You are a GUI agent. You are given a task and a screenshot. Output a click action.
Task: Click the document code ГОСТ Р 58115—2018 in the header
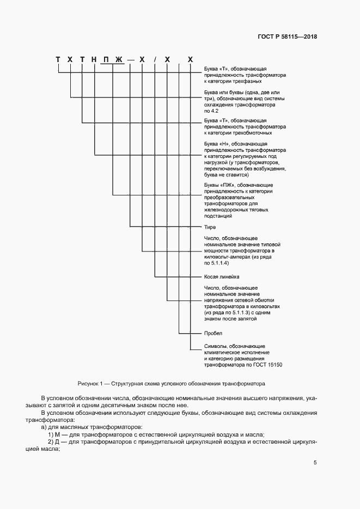(x=287, y=37)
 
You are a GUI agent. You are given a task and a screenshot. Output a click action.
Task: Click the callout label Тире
(x=210, y=227)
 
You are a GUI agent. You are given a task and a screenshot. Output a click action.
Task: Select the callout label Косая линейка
(x=222, y=277)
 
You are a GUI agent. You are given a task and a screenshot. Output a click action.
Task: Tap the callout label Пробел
(x=213, y=333)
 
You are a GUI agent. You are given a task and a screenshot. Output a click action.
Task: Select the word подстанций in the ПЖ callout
(x=218, y=216)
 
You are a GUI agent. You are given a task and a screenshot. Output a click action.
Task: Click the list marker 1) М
(x=52, y=434)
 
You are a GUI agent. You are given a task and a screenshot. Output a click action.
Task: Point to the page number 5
(x=315, y=463)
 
